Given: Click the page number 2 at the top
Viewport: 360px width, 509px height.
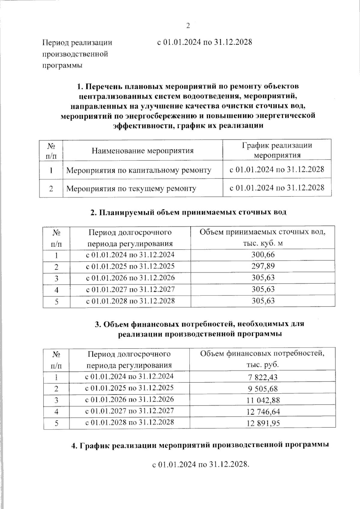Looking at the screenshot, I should (x=188, y=26).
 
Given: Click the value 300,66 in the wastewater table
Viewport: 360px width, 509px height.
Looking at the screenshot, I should (x=263, y=255).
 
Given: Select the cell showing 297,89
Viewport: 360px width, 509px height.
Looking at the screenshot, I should (x=263, y=266).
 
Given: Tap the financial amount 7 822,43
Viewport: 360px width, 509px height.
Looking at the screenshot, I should (x=263, y=377).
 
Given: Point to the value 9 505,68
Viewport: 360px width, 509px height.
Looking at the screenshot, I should (x=263, y=389).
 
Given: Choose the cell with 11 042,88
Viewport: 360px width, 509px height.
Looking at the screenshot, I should (x=263, y=400).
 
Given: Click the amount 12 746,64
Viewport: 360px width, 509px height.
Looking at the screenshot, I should (x=263, y=412).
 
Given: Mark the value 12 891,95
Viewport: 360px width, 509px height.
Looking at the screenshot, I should (x=263, y=423).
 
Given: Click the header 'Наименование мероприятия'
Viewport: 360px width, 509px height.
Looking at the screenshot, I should (x=142, y=151).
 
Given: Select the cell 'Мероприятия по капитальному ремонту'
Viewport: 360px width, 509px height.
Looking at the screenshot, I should (x=139, y=170).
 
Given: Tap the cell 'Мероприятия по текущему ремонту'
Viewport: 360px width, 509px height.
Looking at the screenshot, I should (x=131, y=189).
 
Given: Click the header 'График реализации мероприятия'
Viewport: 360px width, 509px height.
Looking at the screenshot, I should (x=277, y=150).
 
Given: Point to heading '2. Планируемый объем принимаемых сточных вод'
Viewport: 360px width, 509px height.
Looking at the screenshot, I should (x=188, y=212).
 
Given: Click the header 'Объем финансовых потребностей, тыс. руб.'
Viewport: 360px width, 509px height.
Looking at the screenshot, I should (x=262, y=359).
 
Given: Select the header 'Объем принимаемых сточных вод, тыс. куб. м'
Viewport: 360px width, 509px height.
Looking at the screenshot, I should (x=262, y=238).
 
